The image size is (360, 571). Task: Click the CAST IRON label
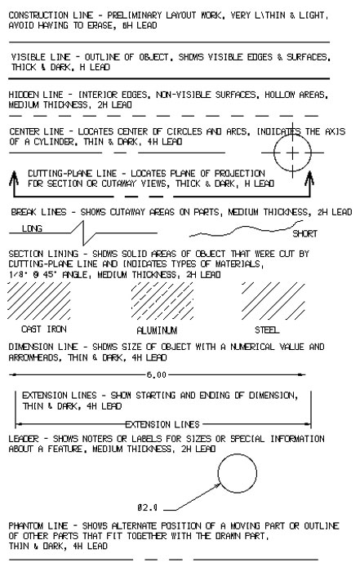44,330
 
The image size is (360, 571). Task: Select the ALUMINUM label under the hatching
157,330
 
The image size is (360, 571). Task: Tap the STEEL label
267,330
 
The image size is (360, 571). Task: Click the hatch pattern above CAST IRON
38,301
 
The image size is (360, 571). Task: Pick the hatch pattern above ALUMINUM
162,301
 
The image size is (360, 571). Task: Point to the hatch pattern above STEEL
273,301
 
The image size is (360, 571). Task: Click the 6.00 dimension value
157,374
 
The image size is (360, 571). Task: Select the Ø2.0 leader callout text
148,507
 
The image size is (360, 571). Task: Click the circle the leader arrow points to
238,454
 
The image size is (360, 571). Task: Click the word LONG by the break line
32,228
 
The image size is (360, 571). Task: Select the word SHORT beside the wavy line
305,233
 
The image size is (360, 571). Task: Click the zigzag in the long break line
83,233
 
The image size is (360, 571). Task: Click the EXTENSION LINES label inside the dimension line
162,425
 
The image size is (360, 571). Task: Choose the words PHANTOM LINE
38,526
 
